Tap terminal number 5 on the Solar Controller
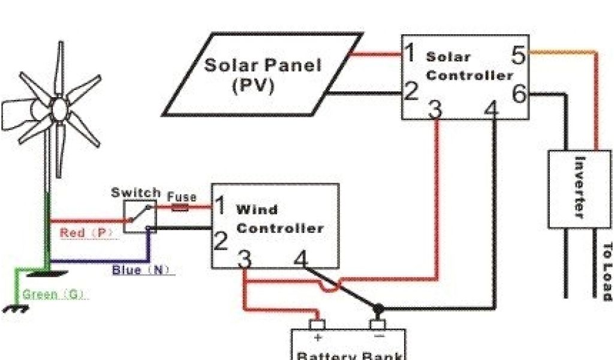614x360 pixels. (519, 56)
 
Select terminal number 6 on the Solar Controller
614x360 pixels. (519, 94)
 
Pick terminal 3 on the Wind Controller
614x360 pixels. (243, 259)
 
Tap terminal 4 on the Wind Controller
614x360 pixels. (300, 259)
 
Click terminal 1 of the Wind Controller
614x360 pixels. (220, 206)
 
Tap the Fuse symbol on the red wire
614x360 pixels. (180, 208)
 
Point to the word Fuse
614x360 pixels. (181, 197)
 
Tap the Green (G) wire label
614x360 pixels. (54, 295)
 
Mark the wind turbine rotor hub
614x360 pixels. (59, 110)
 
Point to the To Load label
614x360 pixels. (607, 271)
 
